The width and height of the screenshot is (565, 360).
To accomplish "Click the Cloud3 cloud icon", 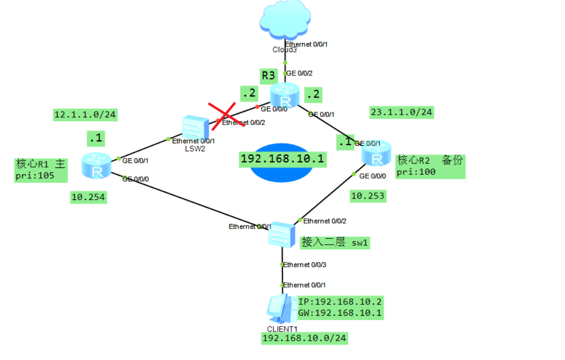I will (x=285, y=20).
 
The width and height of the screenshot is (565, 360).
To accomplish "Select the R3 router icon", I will (x=285, y=95).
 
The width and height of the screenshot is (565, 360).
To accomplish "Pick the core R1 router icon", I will (x=96, y=165).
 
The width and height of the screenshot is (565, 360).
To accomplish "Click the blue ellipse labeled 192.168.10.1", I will (x=282, y=162).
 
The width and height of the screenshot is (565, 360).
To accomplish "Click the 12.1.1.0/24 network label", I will (x=85, y=115).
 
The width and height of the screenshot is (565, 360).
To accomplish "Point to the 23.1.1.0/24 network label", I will (x=401, y=112).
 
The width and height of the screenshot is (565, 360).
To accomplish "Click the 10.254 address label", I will (x=88, y=197).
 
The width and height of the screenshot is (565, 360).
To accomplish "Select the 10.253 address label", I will (x=367, y=196).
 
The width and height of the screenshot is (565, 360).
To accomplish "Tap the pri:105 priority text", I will (x=34, y=175).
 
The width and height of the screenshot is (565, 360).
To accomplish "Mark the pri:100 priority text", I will (x=416, y=172).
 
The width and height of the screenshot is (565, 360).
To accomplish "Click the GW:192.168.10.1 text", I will (x=340, y=313).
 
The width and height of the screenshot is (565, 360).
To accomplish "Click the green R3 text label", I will (x=268, y=76).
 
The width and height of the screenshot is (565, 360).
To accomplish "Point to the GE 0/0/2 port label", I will (x=299, y=73).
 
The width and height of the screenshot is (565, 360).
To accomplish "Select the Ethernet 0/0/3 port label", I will (x=305, y=265).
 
